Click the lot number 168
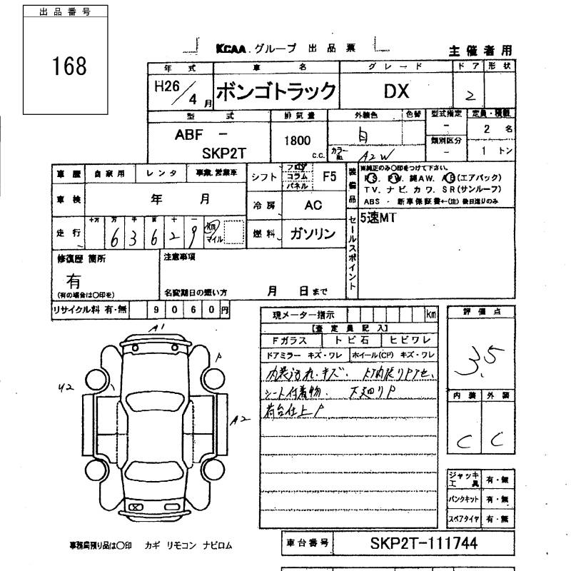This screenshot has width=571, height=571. pyautogui.click(x=69, y=66)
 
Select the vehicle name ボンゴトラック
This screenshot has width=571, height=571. pyautogui.click(x=275, y=92)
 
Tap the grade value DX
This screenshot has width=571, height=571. pyautogui.click(x=396, y=92)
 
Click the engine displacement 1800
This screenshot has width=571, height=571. pyautogui.click(x=297, y=141)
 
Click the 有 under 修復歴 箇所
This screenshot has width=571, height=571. pyautogui.click(x=73, y=281)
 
